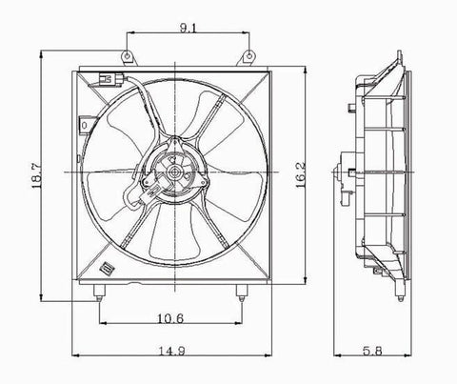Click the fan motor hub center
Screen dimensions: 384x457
(177, 172)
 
